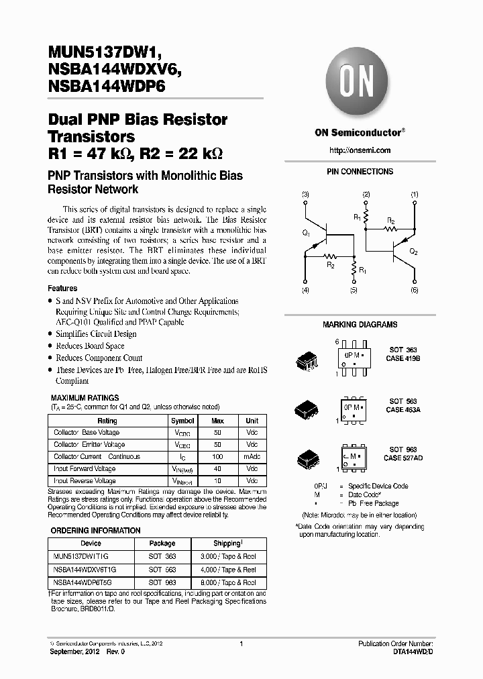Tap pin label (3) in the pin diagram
click(x=305, y=195)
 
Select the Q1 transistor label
click(x=306, y=233)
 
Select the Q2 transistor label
click(x=414, y=252)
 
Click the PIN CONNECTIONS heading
click(x=360, y=172)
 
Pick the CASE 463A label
click(x=402, y=409)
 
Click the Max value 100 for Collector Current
click(x=218, y=457)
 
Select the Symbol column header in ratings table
click(x=182, y=421)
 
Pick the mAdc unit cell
click(x=252, y=457)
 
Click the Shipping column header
click(x=227, y=543)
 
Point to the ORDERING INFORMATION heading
click(x=96, y=531)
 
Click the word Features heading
click(x=63, y=289)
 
